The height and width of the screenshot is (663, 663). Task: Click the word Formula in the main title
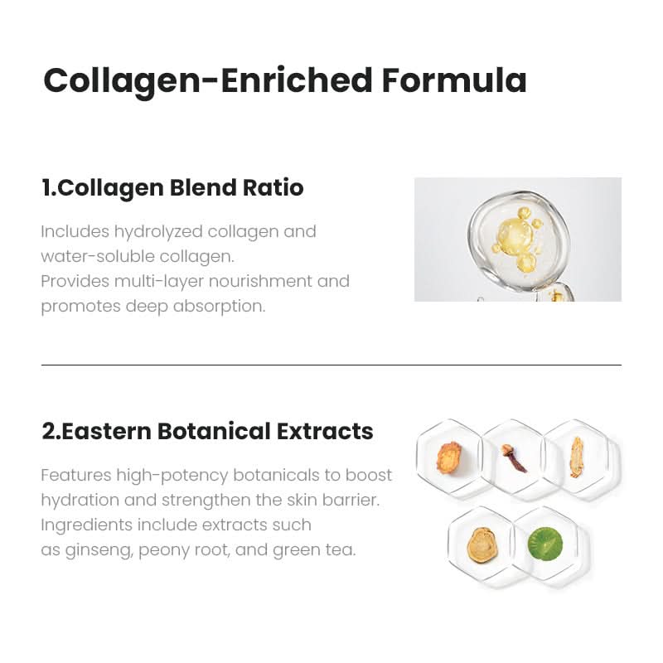454,80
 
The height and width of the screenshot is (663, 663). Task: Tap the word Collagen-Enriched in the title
207,80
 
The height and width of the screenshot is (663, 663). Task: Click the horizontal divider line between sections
331,365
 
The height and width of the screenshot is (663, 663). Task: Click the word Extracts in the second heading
325,432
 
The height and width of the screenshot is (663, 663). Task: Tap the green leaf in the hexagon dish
544,543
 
